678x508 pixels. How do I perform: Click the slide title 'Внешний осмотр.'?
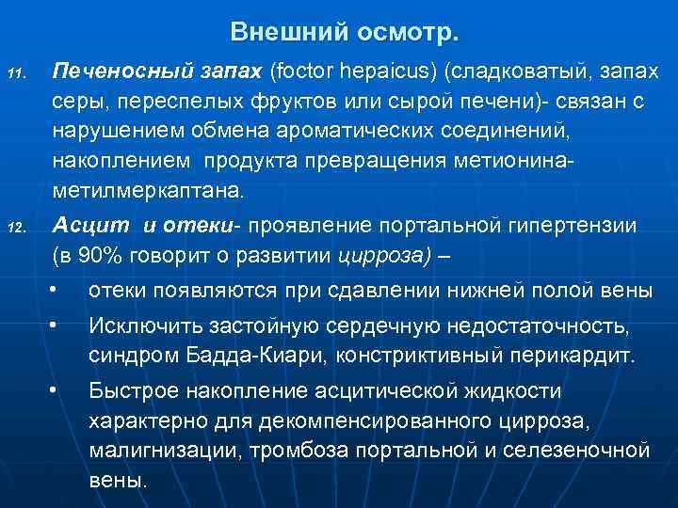click(x=345, y=33)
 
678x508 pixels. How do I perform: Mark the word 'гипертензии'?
click(x=573, y=227)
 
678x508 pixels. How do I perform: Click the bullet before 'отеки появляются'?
click(x=56, y=290)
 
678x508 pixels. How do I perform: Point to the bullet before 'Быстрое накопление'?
click(x=56, y=388)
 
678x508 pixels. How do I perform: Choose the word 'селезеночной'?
click(x=576, y=451)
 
